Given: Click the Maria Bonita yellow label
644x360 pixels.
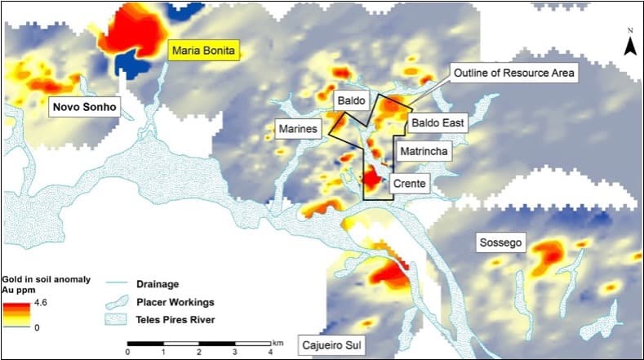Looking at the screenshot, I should coord(205,51).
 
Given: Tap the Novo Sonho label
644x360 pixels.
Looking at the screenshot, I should coord(85,107).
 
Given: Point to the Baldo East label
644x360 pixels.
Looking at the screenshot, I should coord(436,124).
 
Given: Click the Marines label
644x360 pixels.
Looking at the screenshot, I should coord(297,128).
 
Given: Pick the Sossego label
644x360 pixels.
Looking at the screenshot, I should coord(500,242).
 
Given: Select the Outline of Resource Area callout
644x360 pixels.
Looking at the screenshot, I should coord(513,73).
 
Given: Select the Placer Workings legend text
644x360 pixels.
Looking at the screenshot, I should coord(174,301).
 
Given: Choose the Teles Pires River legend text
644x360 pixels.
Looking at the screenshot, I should coord(175,319).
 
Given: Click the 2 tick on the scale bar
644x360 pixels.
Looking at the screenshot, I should coord(200,352).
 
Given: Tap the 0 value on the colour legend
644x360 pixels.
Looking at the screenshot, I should coord(38,327).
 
